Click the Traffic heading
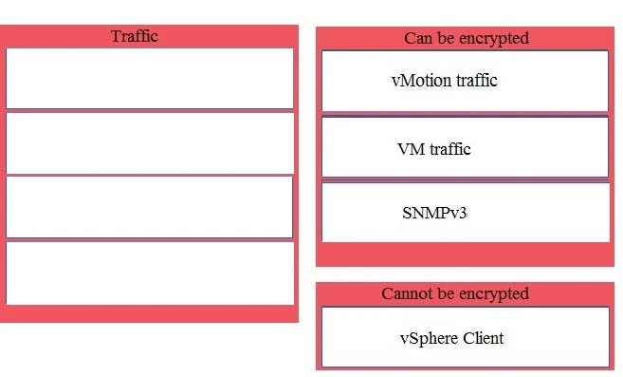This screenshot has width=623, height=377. point(135,36)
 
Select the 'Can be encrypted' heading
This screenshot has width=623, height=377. point(466,38)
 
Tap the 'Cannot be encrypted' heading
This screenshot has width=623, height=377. point(455,293)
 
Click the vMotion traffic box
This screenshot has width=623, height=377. point(465,81)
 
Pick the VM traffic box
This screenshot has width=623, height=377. point(465,147)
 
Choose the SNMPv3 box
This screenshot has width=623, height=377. point(465,212)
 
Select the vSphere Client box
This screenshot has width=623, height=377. point(465,336)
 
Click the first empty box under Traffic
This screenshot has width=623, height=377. point(150,78)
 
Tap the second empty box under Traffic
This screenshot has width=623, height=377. point(150,142)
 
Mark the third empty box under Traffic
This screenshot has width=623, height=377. point(150,207)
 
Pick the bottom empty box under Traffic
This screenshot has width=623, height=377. point(150,273)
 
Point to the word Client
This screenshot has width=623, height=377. point(483,338)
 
